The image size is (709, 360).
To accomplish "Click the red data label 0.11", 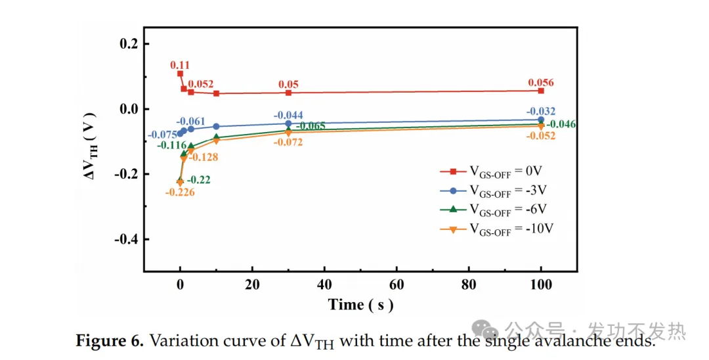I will pos(180,65).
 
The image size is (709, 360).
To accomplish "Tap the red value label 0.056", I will pos(540,83).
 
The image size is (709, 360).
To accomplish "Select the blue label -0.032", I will pos(540,111).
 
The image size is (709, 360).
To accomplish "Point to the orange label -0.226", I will pos(179,192).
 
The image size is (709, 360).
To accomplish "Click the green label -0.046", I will pos(561,124).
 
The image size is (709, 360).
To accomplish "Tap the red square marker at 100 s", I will pos(541,91).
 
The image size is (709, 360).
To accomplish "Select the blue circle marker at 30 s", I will pos(288,124).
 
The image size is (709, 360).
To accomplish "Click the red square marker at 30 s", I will pos(288,93).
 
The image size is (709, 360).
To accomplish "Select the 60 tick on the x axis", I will pos(397,286).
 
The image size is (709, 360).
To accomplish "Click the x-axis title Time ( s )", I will pos(360,305).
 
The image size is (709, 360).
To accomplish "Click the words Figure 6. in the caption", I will pos(110,341).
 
